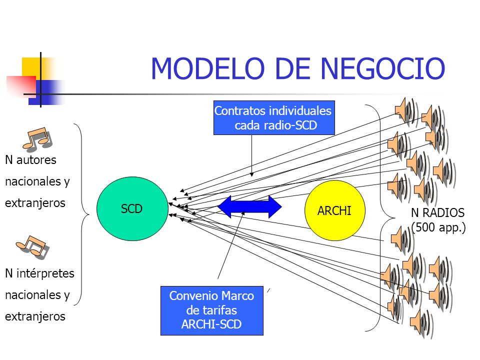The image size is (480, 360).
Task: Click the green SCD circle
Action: pyautogui.click(x=132, y=208)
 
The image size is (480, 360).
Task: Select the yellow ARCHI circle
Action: pyautogui.click(x=335, y=210)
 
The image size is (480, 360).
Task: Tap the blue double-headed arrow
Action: pyautogui.click(x=249, y=207)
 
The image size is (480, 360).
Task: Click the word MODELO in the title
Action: pyautogui.click(x=208, y=68)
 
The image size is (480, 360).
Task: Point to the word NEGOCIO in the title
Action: pyautogui.click(x=382, y=68)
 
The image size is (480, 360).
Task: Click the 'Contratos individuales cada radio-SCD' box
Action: pyautogui.click(x=274, y=118)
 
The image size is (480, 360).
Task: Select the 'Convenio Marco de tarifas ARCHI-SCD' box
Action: pyautogui.click(x=212, y=310)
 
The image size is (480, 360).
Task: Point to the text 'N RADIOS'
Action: pyautogui.click(x=438, y=213)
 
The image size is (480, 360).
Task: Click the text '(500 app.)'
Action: pyautogui.click(x=438, y=227)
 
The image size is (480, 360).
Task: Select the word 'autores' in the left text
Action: pyautogui.click(x=36, y=160)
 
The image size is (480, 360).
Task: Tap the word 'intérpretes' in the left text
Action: pyautogui.click(x=45, y=273)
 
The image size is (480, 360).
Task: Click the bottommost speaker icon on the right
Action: pyautogui.click(x=422, y=323)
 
